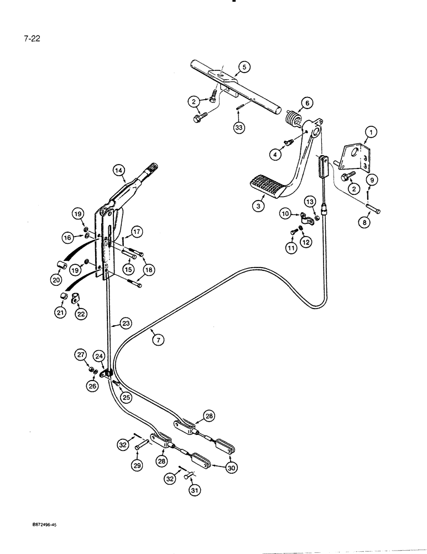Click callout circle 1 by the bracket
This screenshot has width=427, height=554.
point(370,131)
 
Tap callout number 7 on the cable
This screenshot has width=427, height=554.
point(159,341)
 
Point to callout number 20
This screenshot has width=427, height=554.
point(56,280)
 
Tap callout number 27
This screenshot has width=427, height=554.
point(81,355)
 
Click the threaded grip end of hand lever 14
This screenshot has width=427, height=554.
point(150,168)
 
